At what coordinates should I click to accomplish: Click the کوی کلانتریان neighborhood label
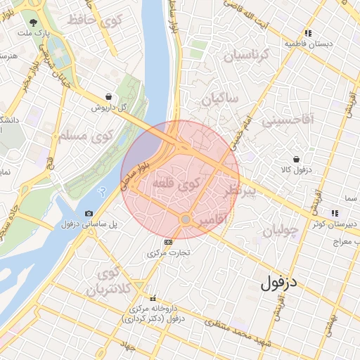pos(109,281)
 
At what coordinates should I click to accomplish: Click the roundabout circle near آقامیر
pos(185,220)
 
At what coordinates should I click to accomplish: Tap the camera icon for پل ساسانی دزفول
pos(89,214)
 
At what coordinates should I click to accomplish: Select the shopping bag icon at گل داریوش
pos(108,96)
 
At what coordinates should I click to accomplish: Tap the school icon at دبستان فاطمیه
pos(308,33)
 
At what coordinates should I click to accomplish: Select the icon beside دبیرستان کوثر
pos(335,212)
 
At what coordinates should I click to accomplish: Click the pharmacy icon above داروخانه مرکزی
pos(154,298)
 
